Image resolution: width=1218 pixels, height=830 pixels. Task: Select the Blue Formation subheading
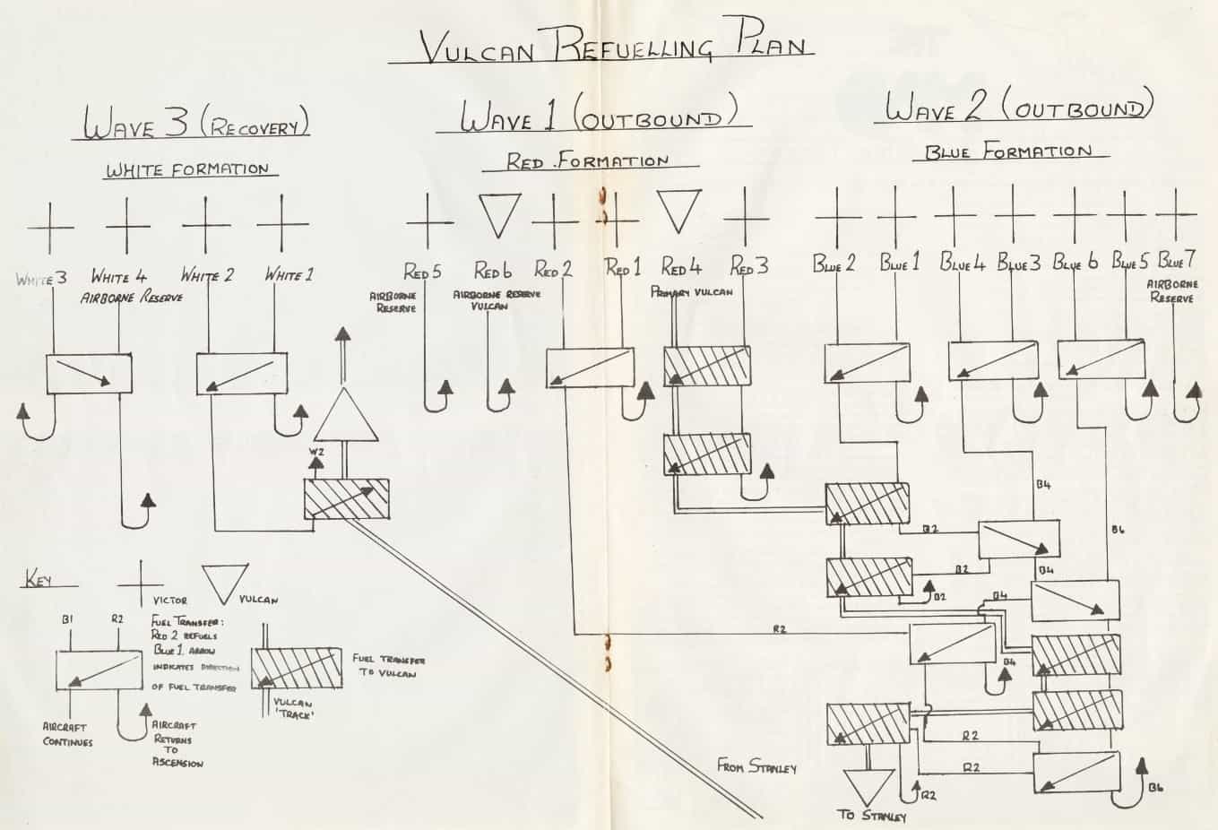pos(1008,152)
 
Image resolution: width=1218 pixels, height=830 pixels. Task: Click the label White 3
pos(41,279)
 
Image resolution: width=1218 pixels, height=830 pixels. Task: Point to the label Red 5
pos(421,271)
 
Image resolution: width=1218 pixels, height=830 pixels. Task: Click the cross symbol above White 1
pos(283,224)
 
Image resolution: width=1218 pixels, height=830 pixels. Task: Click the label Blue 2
pos(834,264)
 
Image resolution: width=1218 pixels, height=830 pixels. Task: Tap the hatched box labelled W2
pos(346,499)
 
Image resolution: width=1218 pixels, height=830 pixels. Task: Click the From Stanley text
pos(756,766)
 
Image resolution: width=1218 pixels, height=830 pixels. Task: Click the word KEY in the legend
pos(38,581)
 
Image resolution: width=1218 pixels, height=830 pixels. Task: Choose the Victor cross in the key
pos(141,584)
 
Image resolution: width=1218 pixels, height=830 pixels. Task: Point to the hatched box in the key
pos(295,668)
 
